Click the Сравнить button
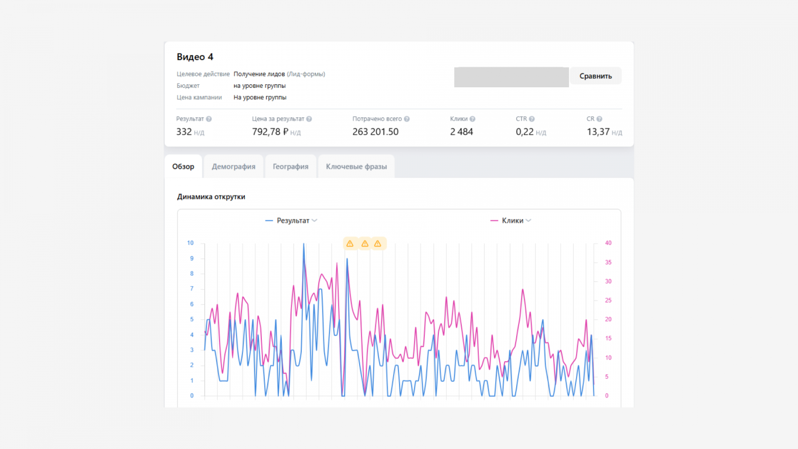(596, 76)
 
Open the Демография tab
(233, 167)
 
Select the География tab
(290, 167)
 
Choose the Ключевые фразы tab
(356, 167)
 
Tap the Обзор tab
(183, 167)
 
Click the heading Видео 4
(195, 57)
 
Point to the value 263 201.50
(376, 132)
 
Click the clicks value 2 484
(461, 132)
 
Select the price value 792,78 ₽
(270, 132)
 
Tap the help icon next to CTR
(532, 119)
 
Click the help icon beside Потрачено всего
(406, 119)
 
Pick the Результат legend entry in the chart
(291, 221)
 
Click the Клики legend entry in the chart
(511, 221)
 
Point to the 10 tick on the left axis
(190, 243)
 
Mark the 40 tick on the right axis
(608, 243)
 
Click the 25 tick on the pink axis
(608, 300)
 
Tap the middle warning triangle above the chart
(365, 244)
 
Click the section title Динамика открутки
(211, 197)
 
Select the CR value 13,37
(598, 132)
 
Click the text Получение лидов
(259, 74)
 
